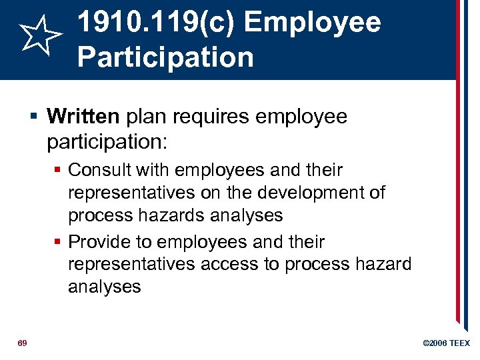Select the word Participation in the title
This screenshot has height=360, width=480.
(x=165, y=57)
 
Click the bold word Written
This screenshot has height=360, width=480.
(x=83, y=117)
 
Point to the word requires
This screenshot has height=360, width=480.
(x=209, y=117)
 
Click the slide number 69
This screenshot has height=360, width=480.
(x=23, y=343)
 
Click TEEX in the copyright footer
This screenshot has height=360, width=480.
(x=460, y=343)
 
